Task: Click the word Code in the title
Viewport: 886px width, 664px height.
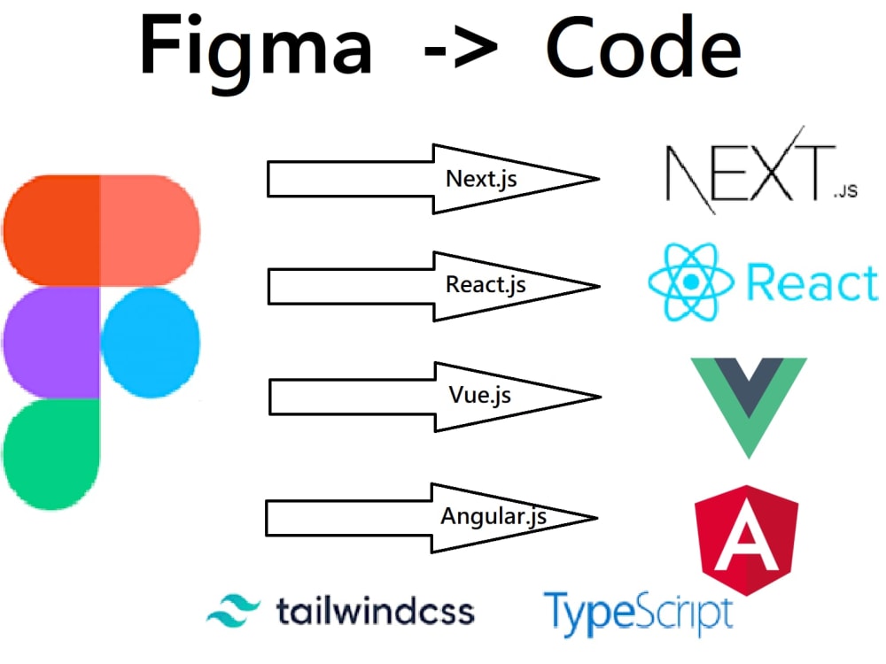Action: click(643, 48)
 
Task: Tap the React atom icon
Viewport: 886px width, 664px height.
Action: click(690, 282)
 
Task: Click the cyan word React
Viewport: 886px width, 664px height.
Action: click(812, 282)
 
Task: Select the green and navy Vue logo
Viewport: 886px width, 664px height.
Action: click(749, 407)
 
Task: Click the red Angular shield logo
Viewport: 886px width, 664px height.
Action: click(746, 540)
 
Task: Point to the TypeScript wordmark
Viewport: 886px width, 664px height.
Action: click(639, 614)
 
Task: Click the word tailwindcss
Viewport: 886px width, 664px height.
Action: click(375, 612)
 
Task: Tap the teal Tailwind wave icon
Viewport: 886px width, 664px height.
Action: click(233, 611)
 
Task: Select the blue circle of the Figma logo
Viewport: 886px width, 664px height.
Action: click(151, 343)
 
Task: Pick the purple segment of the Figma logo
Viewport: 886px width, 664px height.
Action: click(52, 343)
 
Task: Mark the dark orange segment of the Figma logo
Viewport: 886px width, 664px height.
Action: click(52, 230)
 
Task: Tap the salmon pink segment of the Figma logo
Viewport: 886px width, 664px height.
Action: click(151, 230)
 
